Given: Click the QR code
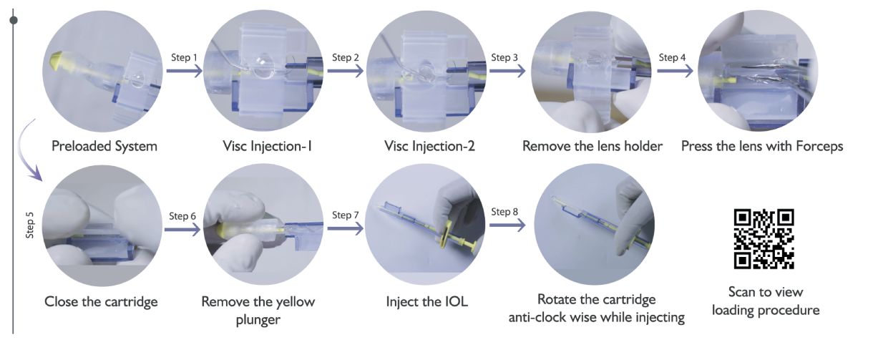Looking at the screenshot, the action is (764, 239).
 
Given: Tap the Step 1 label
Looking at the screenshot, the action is (184, 58).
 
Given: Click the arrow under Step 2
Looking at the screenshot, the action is (346, 71).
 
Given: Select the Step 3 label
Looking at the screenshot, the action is (504, 58).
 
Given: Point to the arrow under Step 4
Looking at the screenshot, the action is (675, 71).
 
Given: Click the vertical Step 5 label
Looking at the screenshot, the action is (29, 225).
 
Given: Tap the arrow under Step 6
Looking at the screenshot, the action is (182, 230).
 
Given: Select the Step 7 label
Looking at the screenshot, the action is (346, 215).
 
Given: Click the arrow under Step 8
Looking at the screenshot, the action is (507, 225).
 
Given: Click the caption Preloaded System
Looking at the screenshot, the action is (104, 146).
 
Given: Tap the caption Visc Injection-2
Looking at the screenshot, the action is (429, 146).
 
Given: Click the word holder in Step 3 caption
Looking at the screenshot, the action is (643, 146).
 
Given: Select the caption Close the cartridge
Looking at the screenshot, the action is (101, 301).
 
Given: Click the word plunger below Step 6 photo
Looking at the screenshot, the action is (258, 320).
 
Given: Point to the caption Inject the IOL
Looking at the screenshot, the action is (426, 301).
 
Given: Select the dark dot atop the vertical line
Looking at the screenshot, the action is (14, 20).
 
